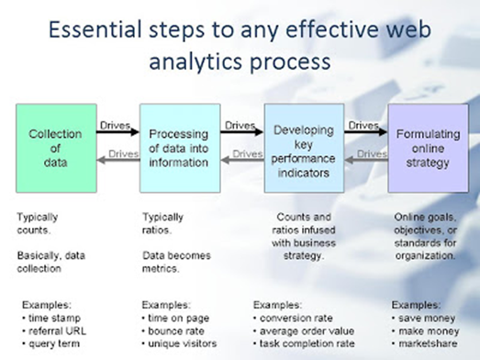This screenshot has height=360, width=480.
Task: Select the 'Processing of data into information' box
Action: [x=180, y=147]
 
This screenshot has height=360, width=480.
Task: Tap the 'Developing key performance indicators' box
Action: [x=305, y=147]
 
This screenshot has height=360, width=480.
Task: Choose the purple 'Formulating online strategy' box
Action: [x=428, y=147]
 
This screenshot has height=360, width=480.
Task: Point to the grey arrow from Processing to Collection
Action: [x=118, y=162]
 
